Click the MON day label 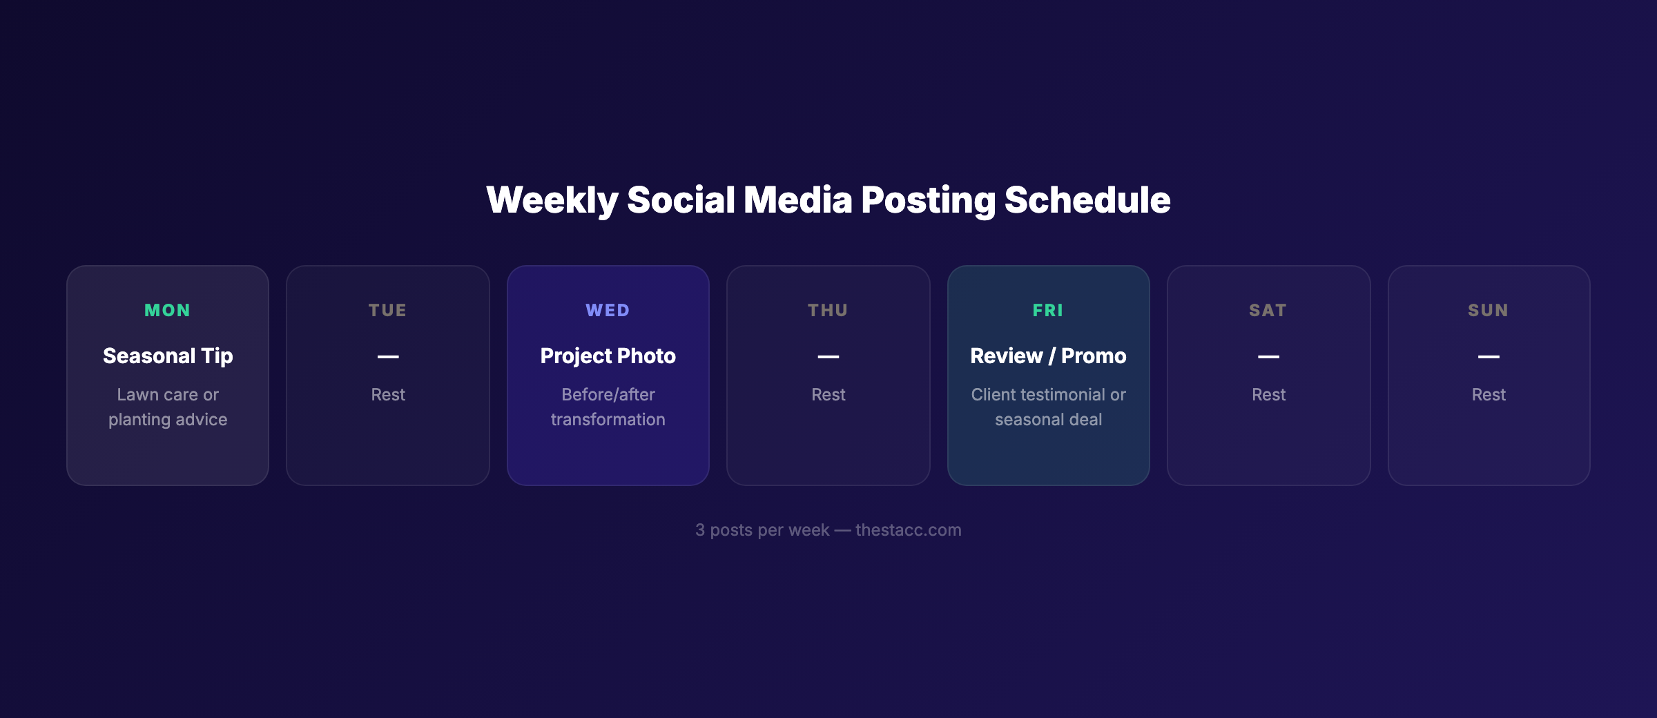167,311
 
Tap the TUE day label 387,311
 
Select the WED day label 608,311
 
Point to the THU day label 828,311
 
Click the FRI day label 1048,311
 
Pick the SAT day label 1268,311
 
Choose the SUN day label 1489,311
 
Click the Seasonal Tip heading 168,356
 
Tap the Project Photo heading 608,356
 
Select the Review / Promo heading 1048,356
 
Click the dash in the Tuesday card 388,357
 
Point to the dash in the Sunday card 1489,357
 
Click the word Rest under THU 828,395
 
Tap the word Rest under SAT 1268,395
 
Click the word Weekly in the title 552,200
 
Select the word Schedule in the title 1087,200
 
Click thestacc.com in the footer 908,530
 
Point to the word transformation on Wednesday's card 608,420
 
